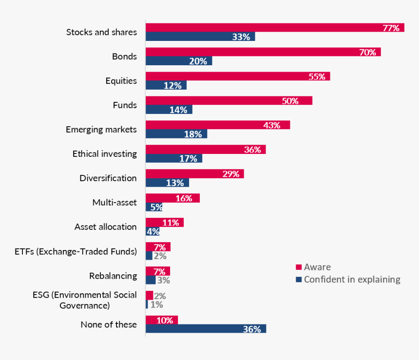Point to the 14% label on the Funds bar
point(178,110)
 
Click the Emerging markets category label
point(101,130)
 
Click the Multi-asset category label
point(114,203)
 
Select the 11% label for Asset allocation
point(171,223)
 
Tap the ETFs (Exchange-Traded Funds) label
point(76,252)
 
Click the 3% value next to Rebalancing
point(163,281)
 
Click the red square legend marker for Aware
point(299,267)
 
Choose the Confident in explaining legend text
point(352,280)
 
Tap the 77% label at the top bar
point(391,28)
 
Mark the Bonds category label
point(124,57)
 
